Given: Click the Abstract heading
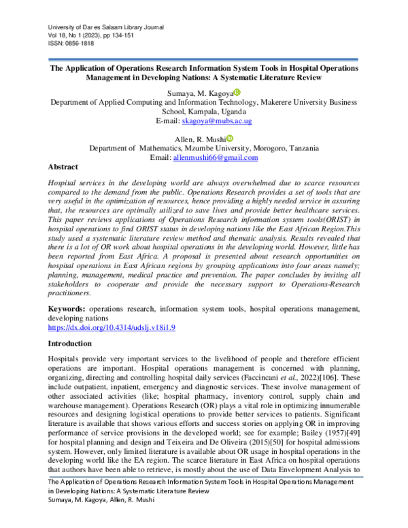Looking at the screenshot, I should (63, 167).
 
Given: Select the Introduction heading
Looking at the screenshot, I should (70, 344).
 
